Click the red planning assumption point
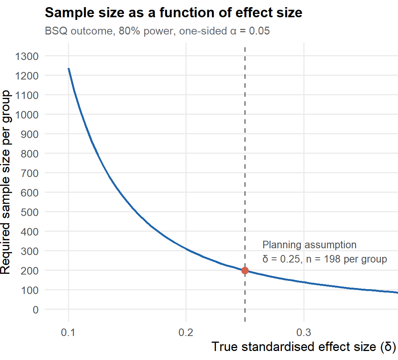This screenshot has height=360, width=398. point(245,270)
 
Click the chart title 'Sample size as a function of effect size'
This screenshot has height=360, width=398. point(173,12)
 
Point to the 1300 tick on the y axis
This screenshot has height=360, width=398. point(27,56)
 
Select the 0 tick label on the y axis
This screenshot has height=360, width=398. point(36,309)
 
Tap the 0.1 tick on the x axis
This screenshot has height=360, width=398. point(68,332)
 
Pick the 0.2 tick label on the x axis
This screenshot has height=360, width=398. point(186,332)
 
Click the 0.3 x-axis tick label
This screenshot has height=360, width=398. point(304,332)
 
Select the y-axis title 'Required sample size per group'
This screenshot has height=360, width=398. point(6,182)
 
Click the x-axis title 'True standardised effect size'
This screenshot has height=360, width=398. point(294,347)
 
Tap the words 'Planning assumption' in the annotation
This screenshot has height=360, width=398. point(309,245)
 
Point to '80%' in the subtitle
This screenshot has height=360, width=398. point(130,31)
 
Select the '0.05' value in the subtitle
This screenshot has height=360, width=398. point(259,31)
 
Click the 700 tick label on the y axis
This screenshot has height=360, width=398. point(30,173)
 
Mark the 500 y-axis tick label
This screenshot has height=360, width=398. point(30,212)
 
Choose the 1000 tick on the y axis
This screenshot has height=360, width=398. point(27,115)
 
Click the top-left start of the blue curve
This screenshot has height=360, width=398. point(69,68)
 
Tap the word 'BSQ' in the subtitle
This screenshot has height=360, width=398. point(56,31)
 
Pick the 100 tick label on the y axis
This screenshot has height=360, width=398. point(30,290)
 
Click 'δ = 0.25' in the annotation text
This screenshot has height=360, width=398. point(281,259)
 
